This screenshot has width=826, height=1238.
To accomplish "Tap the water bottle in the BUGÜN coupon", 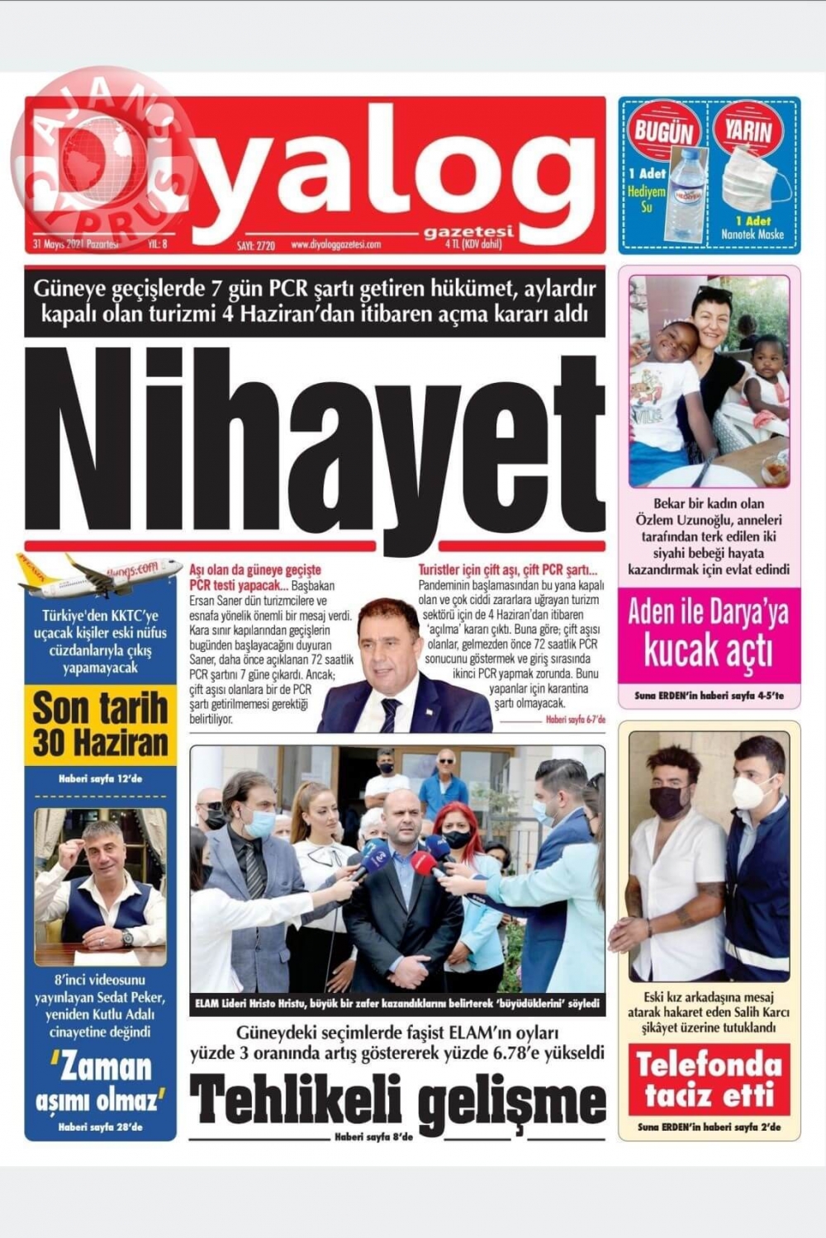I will click(685, 193).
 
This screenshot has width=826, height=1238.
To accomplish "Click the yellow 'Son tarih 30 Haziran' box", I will click(100, 725).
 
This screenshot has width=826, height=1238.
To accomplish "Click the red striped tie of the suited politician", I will click(390, 714).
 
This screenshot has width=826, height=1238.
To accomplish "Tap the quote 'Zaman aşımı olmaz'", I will click(100, 1082).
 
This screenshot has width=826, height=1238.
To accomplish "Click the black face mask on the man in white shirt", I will click(668, 801).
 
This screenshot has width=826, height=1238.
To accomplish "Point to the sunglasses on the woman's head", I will click(712, 291).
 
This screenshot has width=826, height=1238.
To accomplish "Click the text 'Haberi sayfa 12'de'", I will click(100, 778).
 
